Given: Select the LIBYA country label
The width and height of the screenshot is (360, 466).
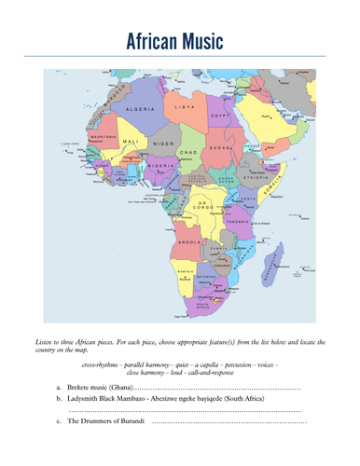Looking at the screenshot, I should click(x=185, y=108).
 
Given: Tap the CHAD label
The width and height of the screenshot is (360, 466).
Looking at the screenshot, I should click(x=187, y=151).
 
